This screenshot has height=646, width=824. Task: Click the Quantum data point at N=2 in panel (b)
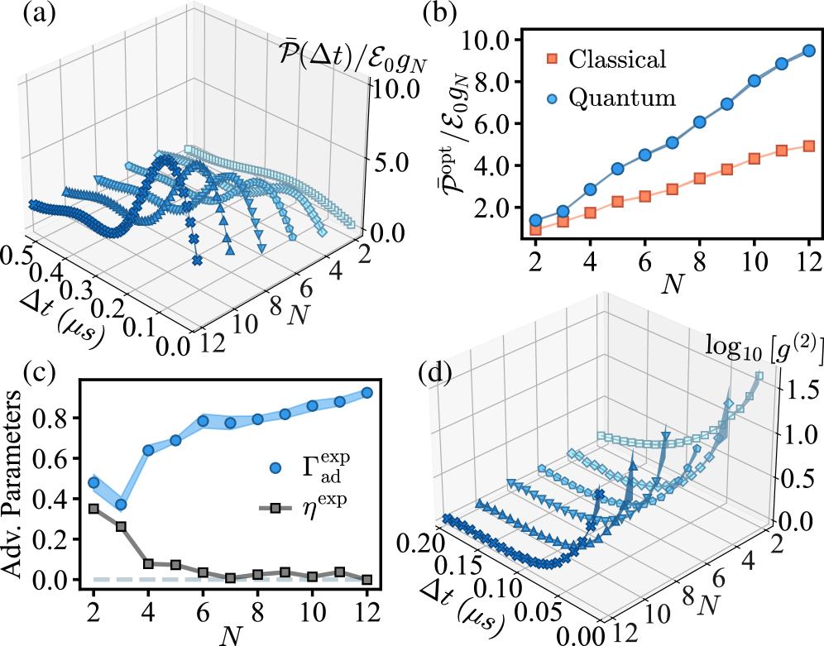click(535, 221)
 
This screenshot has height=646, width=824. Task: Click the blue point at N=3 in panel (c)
click(121, 505)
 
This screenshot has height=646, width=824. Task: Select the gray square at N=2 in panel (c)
click(93, 509)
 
